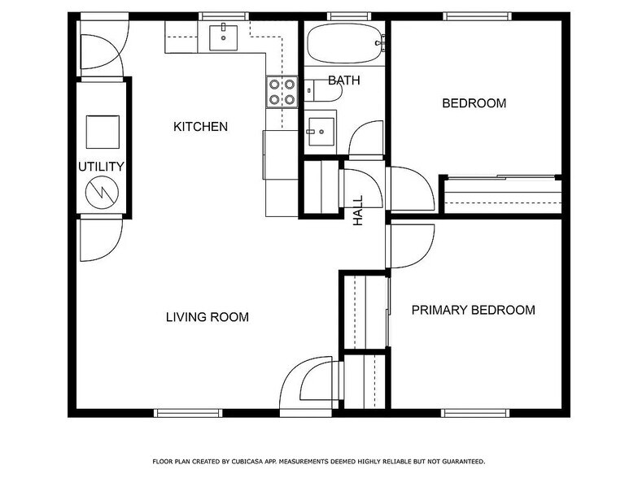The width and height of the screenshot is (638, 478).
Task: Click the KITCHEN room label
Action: coord(200,127)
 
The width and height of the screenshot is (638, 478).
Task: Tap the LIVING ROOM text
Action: coord(208,317)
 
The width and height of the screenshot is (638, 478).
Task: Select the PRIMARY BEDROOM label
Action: coord(473,310)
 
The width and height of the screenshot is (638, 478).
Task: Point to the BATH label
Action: coord(343,80)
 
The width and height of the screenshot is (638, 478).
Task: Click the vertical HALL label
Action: coord(358,211)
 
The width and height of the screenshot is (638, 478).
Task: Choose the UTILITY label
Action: coord(101,167)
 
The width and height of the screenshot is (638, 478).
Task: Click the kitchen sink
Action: coord(223,37)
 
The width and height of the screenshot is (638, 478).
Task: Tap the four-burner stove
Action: coord(282,92)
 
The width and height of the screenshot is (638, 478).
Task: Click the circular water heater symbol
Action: coord(103,192)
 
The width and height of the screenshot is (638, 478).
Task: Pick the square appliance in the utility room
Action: coord(103,132)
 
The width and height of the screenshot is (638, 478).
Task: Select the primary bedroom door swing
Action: coord(412,246)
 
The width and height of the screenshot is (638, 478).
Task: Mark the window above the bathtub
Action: coord(348,16)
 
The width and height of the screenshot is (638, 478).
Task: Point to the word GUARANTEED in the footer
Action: coord(456,461)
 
